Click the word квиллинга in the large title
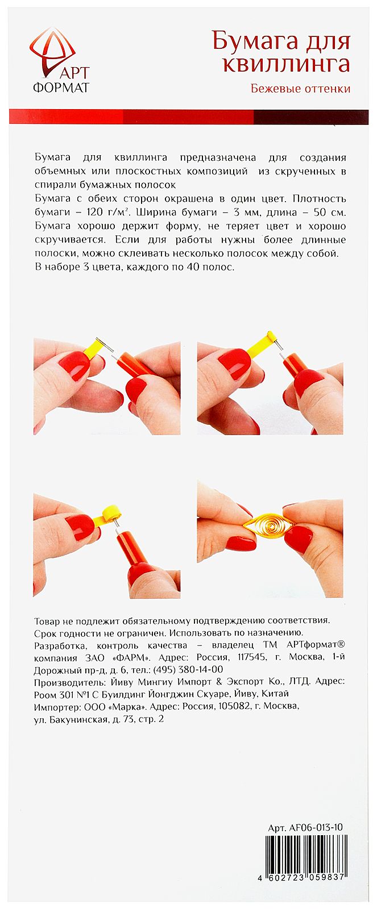(285, 64)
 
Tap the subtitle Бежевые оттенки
(300, 89)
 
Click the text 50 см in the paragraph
(333, 212)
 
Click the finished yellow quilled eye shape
(266, 526)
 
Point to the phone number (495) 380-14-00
(189, 669)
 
